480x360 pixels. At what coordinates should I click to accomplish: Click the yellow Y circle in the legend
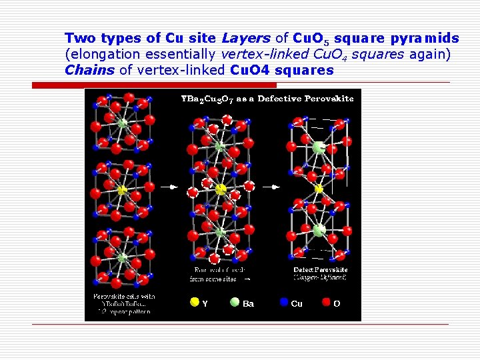pyautogui.click(x=195, y=302)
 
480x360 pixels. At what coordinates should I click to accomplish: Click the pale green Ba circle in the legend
pyautogui.click(x=235, y=302)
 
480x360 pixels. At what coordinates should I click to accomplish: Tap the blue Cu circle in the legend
pyautogui.click(x=284, y=302)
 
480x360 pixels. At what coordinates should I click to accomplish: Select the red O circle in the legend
pyautogui.click(x=326, y=302)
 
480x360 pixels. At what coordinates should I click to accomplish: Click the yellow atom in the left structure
pyautogui.click(x=122, y=191)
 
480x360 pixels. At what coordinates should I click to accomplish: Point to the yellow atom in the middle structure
pyautogui.click(x=221, y=189)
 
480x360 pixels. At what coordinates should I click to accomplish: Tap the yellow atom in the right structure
pyautogui.click(x=319, y=189)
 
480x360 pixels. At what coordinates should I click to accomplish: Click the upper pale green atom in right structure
pyautogui.click(x=319, y=148)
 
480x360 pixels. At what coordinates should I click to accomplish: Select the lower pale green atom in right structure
pyautogui.click(x=319, y=230)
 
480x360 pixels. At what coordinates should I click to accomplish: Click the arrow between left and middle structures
pyautogui.click(x=171, y=187)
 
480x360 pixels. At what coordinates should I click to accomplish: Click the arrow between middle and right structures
pyautogui.click(x=270, y=187)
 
